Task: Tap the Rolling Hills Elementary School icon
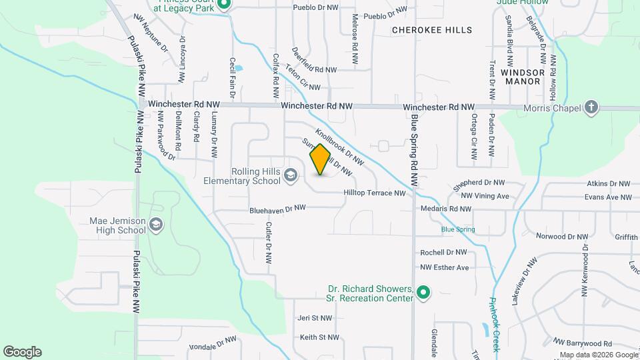pos(290,175)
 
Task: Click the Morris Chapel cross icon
pos(591,107)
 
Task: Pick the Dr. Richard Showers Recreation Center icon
pos(423,292)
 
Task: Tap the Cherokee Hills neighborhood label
pos(432,30)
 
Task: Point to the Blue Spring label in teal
pos(457,229)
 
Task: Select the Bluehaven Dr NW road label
pos(277,209)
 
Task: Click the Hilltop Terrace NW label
pos(374,193)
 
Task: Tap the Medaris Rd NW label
pos(446,209)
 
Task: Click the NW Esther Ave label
pos(445,267)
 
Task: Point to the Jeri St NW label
pos(315,319)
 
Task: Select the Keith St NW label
pos(319,337)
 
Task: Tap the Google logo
pos(22,352)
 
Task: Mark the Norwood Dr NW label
pos(562,237)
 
